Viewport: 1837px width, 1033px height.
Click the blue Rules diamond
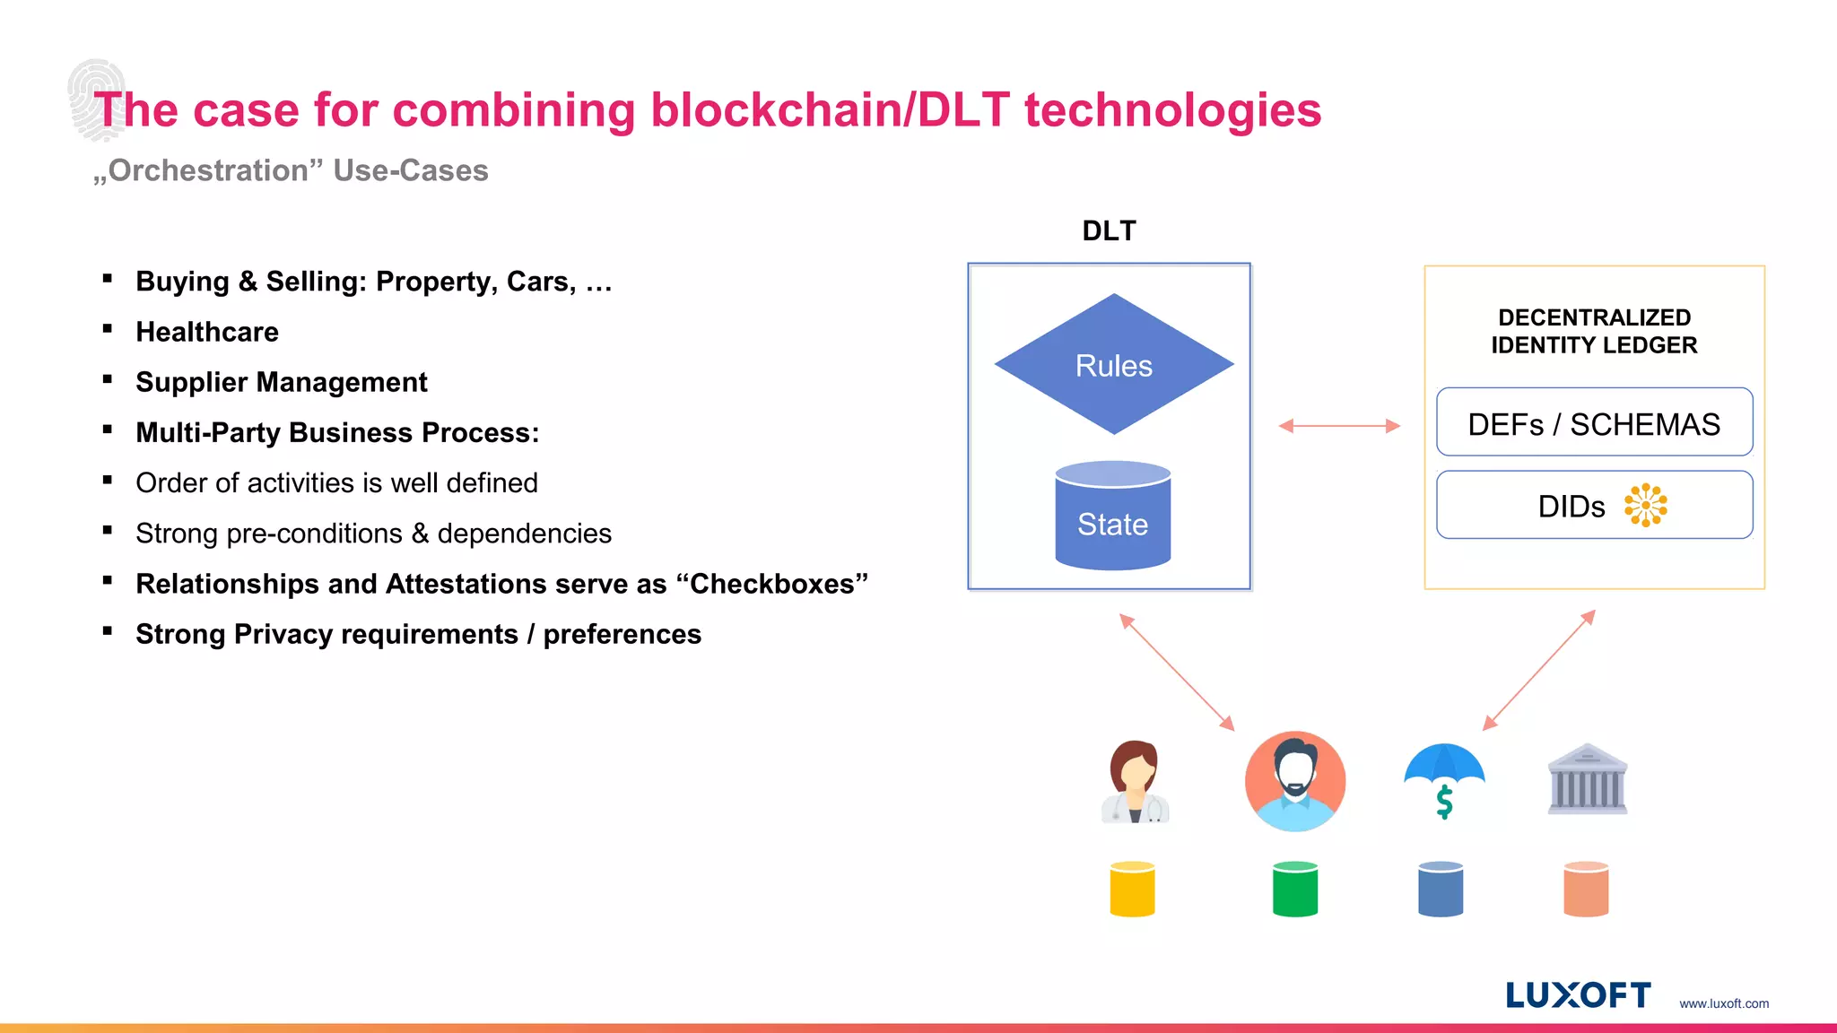tap(1113, 365)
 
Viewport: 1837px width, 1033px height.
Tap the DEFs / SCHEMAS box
tap(1594, 423)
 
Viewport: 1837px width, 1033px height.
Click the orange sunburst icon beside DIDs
tap(1645, 505)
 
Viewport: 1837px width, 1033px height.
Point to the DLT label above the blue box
tap(1109, 230)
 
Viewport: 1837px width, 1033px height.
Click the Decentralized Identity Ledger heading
tap(1594, 331)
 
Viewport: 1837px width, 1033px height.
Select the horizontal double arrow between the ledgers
tap(1338, 426)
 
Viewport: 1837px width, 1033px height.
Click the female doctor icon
tap(1135, 782)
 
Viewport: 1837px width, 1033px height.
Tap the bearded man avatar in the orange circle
tap(1294, 781)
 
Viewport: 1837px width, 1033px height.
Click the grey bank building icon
tap(1587, 779)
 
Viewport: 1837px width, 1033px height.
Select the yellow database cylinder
tap(1132, 889)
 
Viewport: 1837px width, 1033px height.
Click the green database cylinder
tap(1294, 889)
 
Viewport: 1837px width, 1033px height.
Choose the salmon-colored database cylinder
tap(1585, 889)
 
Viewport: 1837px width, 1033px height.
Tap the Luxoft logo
tap(1578, 995)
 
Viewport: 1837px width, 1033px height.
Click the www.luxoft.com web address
tap(1723, 1003)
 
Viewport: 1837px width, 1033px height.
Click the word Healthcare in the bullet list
tap(207, 332)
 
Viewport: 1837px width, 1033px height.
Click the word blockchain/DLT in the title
tap(830, 110)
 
